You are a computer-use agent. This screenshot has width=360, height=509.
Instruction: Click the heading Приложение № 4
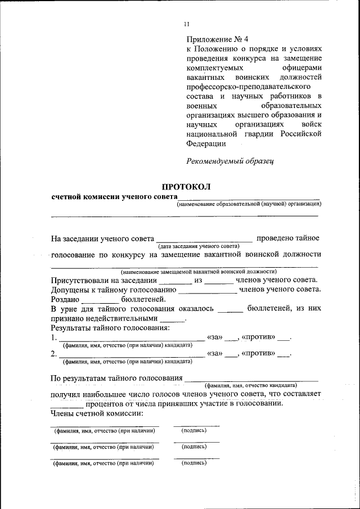pyautogui.click(x=217, y=39)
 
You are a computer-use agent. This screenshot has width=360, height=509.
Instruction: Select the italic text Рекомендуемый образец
pyautogui.click(x=229, y=161)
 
